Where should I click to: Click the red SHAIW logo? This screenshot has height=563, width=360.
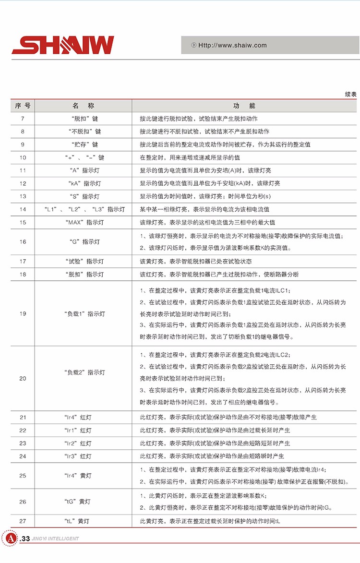(x=63, y=45)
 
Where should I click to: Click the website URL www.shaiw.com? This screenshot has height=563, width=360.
(x=232, y=46)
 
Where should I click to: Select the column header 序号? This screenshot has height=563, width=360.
(x=23, y=106)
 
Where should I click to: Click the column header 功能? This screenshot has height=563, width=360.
(x=244, y=106)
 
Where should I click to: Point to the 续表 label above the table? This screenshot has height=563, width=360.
(x=350, y=95)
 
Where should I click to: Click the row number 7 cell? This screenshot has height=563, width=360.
(x=23, y=119)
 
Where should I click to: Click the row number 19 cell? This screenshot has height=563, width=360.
(x=23, y=313)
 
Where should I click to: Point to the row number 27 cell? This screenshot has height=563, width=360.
(x=23, y=521)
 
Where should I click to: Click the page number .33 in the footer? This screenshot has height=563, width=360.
(x=25, y=539)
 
